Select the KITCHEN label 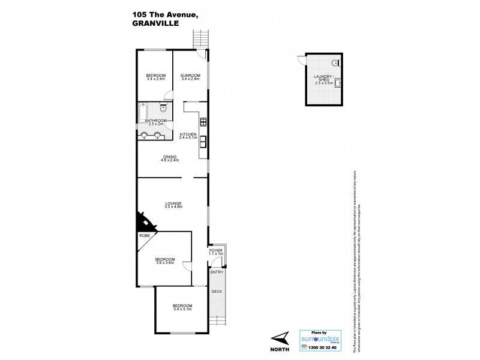click(x=188, y=133)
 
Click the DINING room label click(x=170, y=157)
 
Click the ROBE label click(x=145, y=236)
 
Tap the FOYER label click(x=216, y=250)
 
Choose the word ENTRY click(x=217, y=272)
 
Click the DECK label click(x=217, y=292)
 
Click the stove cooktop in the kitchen click(x=203, y=124)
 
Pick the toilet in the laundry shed click(x=335, y=62)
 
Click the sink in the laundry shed click(x=338, y=83)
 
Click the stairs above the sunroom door click(x=200, y=39)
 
